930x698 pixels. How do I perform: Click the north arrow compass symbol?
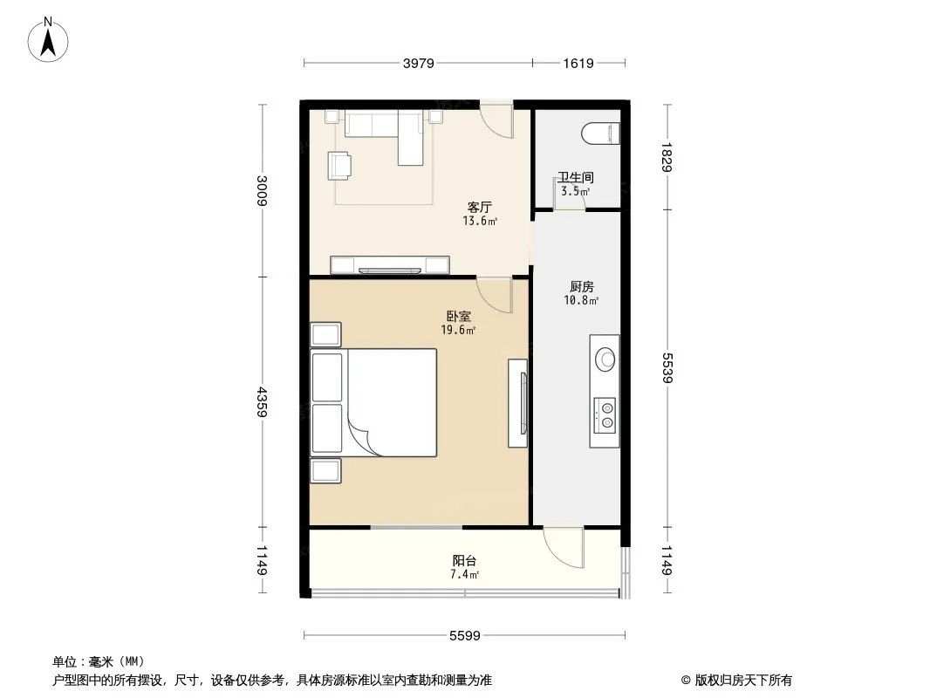48,40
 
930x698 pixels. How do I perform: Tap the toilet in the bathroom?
601,133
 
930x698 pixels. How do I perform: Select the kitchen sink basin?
605,359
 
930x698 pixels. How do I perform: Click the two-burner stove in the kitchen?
605,414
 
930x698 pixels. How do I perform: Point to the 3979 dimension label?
419,63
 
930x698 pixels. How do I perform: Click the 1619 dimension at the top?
578,63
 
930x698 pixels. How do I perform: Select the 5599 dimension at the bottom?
464,636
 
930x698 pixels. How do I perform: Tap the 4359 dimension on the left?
262,401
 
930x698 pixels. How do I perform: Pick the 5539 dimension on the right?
667,367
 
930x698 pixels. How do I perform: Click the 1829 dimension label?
667,157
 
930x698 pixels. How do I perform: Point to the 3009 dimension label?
262,190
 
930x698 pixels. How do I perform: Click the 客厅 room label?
479,207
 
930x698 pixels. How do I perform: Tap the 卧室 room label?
459,317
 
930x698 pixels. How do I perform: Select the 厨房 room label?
581,287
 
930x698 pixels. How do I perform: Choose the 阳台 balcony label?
464,560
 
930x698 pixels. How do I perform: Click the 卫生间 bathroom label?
575,177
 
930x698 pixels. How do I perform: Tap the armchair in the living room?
338,165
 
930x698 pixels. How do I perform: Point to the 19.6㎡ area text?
459,331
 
